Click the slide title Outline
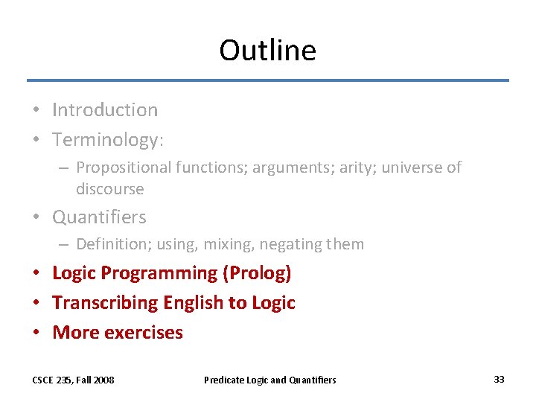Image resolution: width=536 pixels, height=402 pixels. (x=267, y=50)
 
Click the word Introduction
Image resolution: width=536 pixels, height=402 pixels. (x=105, y=110)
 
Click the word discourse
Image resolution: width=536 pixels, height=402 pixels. (x=109, y=189)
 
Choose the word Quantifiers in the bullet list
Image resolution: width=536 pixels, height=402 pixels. (x=99, y=217)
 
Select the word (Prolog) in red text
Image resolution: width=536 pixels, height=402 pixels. (x=257, y=273)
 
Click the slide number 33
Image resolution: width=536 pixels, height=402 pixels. (x=499, y=380)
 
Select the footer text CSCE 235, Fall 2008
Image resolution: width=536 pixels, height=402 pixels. (x=73, y=380)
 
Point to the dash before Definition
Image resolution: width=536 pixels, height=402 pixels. (x=64, y=244)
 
